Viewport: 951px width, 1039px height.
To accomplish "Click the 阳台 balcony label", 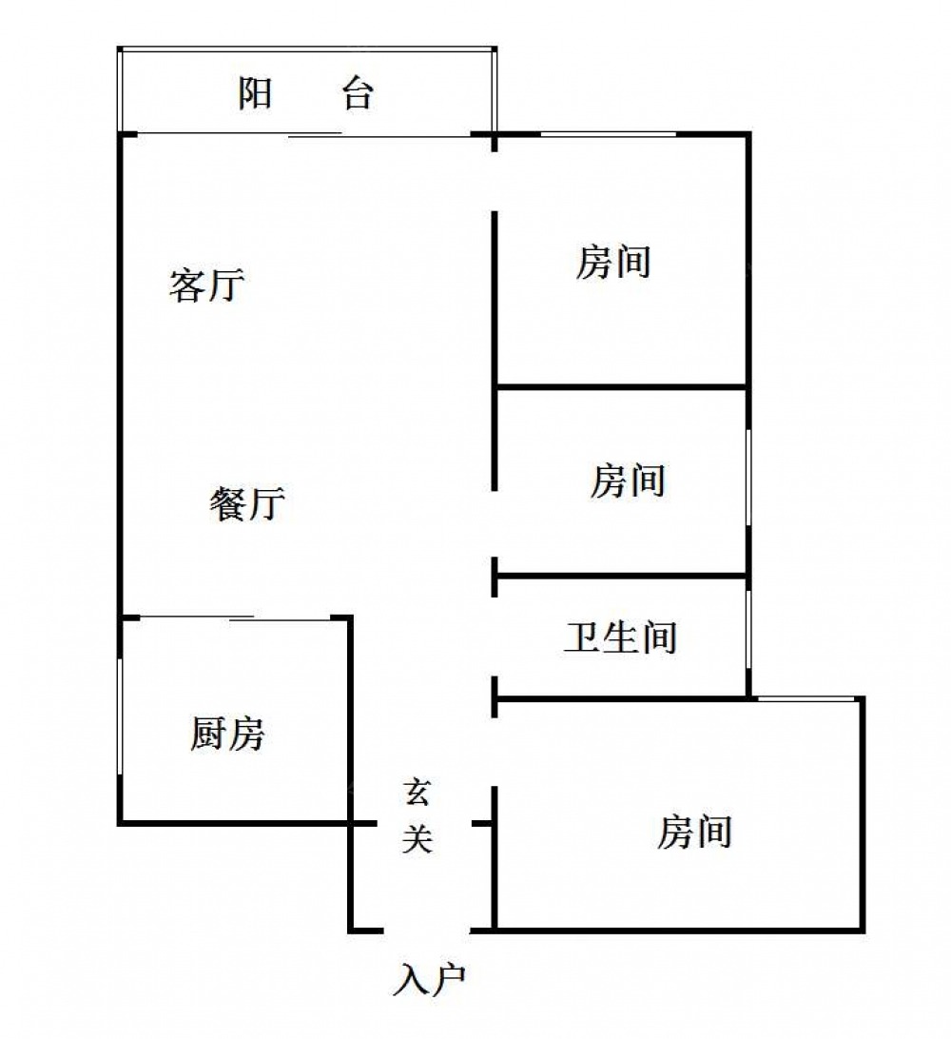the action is click(x=306, y=93).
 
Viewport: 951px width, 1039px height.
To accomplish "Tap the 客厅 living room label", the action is click(x=206, y=284).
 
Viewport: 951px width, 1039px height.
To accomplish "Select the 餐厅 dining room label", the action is click(x=247, y=503).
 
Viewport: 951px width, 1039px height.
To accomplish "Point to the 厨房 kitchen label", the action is click(x=227, y=734).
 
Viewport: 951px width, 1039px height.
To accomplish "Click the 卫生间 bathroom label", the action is click(x=621, y=637).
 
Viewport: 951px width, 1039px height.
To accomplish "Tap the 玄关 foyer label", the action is click(x=417, y=816).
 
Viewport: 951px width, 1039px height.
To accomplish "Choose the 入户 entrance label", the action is click(x=429, y=979).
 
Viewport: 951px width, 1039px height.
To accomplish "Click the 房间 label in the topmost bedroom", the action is click(x=613, y=262).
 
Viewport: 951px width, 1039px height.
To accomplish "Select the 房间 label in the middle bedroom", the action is click(x=628, y=480).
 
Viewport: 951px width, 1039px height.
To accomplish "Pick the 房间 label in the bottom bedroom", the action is click(x=695, y=832).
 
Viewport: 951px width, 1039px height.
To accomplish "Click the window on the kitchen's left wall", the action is click(x=120, y=716).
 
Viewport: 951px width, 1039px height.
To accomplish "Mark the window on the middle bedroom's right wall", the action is click(x=749, y=478).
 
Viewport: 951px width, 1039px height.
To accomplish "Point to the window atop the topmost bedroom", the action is click(x=608, y=134).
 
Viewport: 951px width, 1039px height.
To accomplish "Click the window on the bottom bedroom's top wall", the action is click(x=805, y=698).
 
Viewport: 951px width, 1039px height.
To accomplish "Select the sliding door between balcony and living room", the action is click(x=304, y=135).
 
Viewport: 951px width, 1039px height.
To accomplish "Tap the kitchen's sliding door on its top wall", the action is click(x=235, y=618).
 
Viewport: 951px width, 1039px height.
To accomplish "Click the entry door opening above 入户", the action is click(x=427, y=931).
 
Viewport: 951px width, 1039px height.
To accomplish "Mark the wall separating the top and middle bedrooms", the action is click(x=622, y=385).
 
